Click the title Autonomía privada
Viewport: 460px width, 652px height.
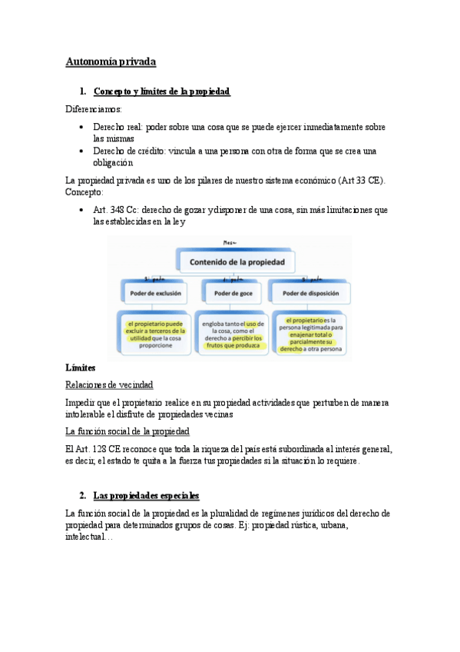click(x=111, y=61)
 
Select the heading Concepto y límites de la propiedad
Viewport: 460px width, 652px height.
click(x=161, y=91)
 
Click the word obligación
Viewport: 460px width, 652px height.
click(x=113, y=163)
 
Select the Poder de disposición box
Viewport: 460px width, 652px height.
click(x=309, y=293)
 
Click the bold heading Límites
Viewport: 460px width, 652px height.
click(x=80, y=369)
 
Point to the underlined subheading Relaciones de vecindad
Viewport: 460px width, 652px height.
click(x=109, y=384)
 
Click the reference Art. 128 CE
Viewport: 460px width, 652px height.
click(x=95, y=449)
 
